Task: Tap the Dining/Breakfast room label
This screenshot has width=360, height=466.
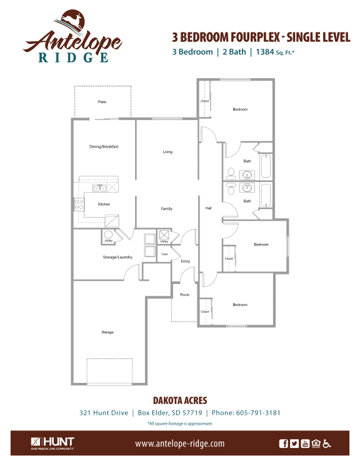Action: [x=104, y=146]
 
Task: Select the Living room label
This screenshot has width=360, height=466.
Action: [x=167, y=151]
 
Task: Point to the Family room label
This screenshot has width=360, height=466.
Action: [x=166, y=208]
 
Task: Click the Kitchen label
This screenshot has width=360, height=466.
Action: [x=104, y=204]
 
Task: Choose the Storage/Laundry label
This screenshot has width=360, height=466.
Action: [x=99, y=257]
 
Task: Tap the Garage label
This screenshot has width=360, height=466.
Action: [x=107, y=332]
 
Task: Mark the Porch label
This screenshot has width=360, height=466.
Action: [x=184, y=294]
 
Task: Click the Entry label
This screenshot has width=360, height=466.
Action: [x=185, y=261]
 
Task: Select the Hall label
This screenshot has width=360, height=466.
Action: [x=208, y=208]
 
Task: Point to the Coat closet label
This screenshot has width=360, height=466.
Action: [x=165, y=254]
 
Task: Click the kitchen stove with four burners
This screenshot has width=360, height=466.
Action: [x=79, y=204]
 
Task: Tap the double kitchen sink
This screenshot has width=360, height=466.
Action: [x=99, y=188]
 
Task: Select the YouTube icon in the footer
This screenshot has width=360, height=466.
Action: [x=305, y=443]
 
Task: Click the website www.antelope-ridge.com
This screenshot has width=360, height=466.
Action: [x=179, y=443]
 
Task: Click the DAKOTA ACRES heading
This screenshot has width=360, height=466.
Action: [x=179, y=400]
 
